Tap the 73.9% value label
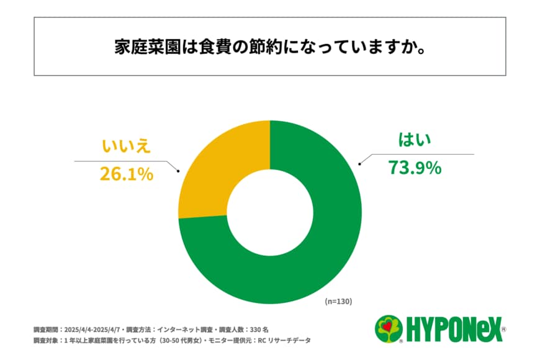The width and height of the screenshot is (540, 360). tap(415, 167)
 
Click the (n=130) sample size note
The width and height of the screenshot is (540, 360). tap(338, 302)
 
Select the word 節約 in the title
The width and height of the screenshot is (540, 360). tap(264, 47)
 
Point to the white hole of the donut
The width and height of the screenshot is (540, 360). tap(270, 212)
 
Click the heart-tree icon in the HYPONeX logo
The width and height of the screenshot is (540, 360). tap(389, 328)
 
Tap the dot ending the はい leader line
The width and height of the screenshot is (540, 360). tap(359, 164)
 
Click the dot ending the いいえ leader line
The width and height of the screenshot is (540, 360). tap(179, 171)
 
